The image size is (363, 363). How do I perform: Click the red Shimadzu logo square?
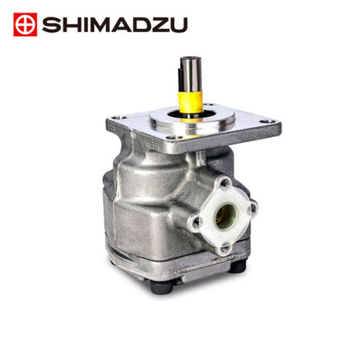click(x=25, y=25)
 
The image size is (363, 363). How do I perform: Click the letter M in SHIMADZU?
click(x=96, y=25)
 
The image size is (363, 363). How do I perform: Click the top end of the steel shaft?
click(x=190, y=58)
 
